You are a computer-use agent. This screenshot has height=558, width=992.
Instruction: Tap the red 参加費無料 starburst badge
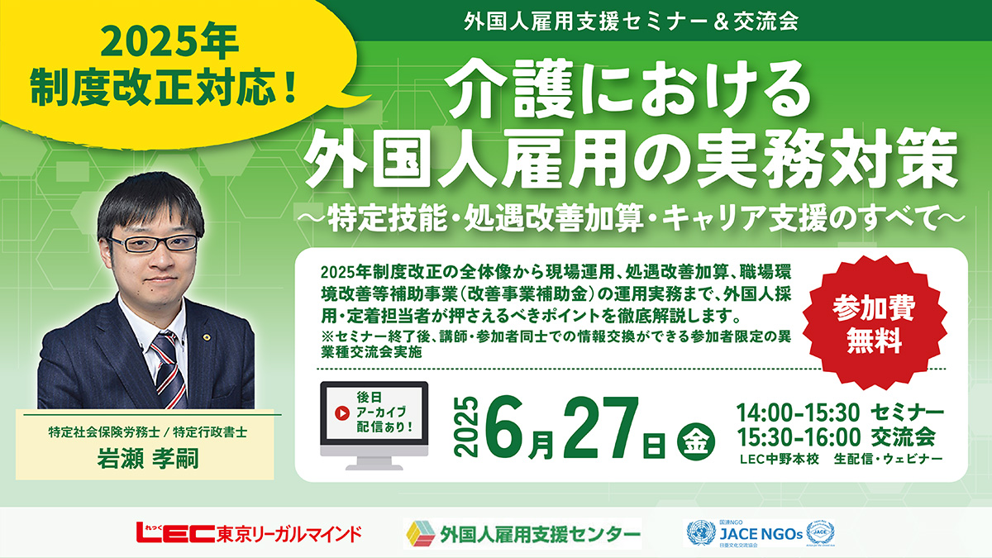click(x=878, y=321)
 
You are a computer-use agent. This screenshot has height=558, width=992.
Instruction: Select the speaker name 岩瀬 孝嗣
click(x=157, y=460)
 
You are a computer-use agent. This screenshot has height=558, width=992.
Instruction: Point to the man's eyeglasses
click(x=154, y=243)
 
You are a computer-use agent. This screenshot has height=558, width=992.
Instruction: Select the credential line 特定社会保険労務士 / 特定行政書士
click(x=157, y=432)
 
